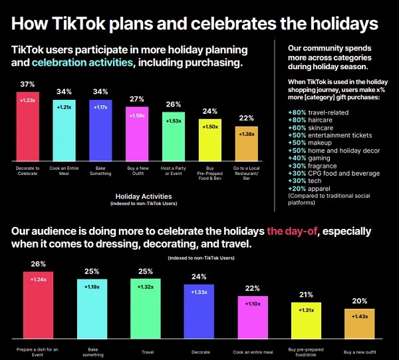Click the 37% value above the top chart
[x=27, y=85]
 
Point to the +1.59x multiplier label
[x=137, y=115]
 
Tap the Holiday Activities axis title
[x=143, y=196]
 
